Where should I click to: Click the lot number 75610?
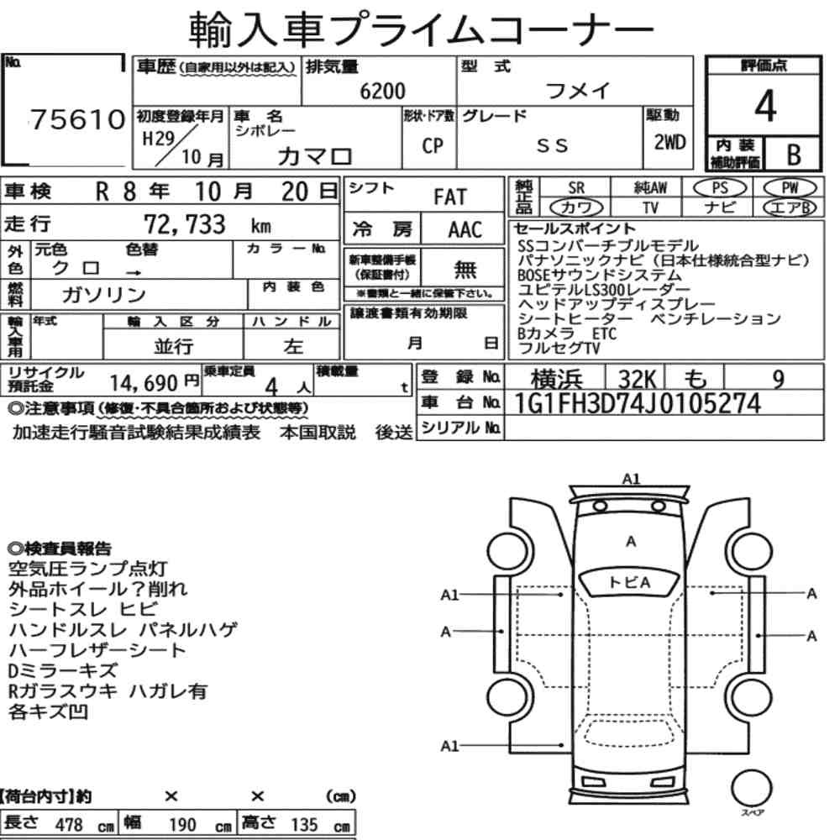[x=77, y=119]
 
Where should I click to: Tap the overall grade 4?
[x=764, y=106]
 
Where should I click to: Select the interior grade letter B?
[x=794, y=155]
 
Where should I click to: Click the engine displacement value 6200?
[x=382, y=91]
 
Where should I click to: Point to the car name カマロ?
[x=315, y=156]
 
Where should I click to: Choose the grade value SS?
[x=552, y=145]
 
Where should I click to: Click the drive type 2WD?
[x=669, y=142]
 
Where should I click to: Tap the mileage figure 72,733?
[x=185, y=224]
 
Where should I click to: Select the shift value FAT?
[x=450, y=197]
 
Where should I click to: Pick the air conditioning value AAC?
[x=465, y=230]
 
